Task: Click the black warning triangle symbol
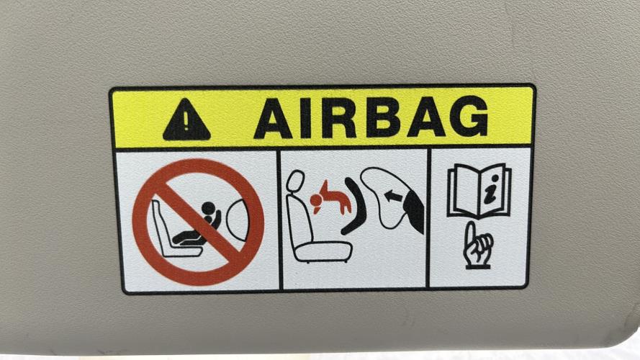(186, 121)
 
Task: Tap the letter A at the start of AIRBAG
(273, 119)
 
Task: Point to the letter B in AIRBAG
(383, 117)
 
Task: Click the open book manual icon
(479, 191)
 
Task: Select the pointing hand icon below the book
(477, 246)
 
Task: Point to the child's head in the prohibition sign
(209, 209)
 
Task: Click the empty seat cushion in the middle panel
(323, 251)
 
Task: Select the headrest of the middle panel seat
(295, 181)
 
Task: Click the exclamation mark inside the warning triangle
(186, 120)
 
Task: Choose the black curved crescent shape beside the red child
(356, 206)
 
